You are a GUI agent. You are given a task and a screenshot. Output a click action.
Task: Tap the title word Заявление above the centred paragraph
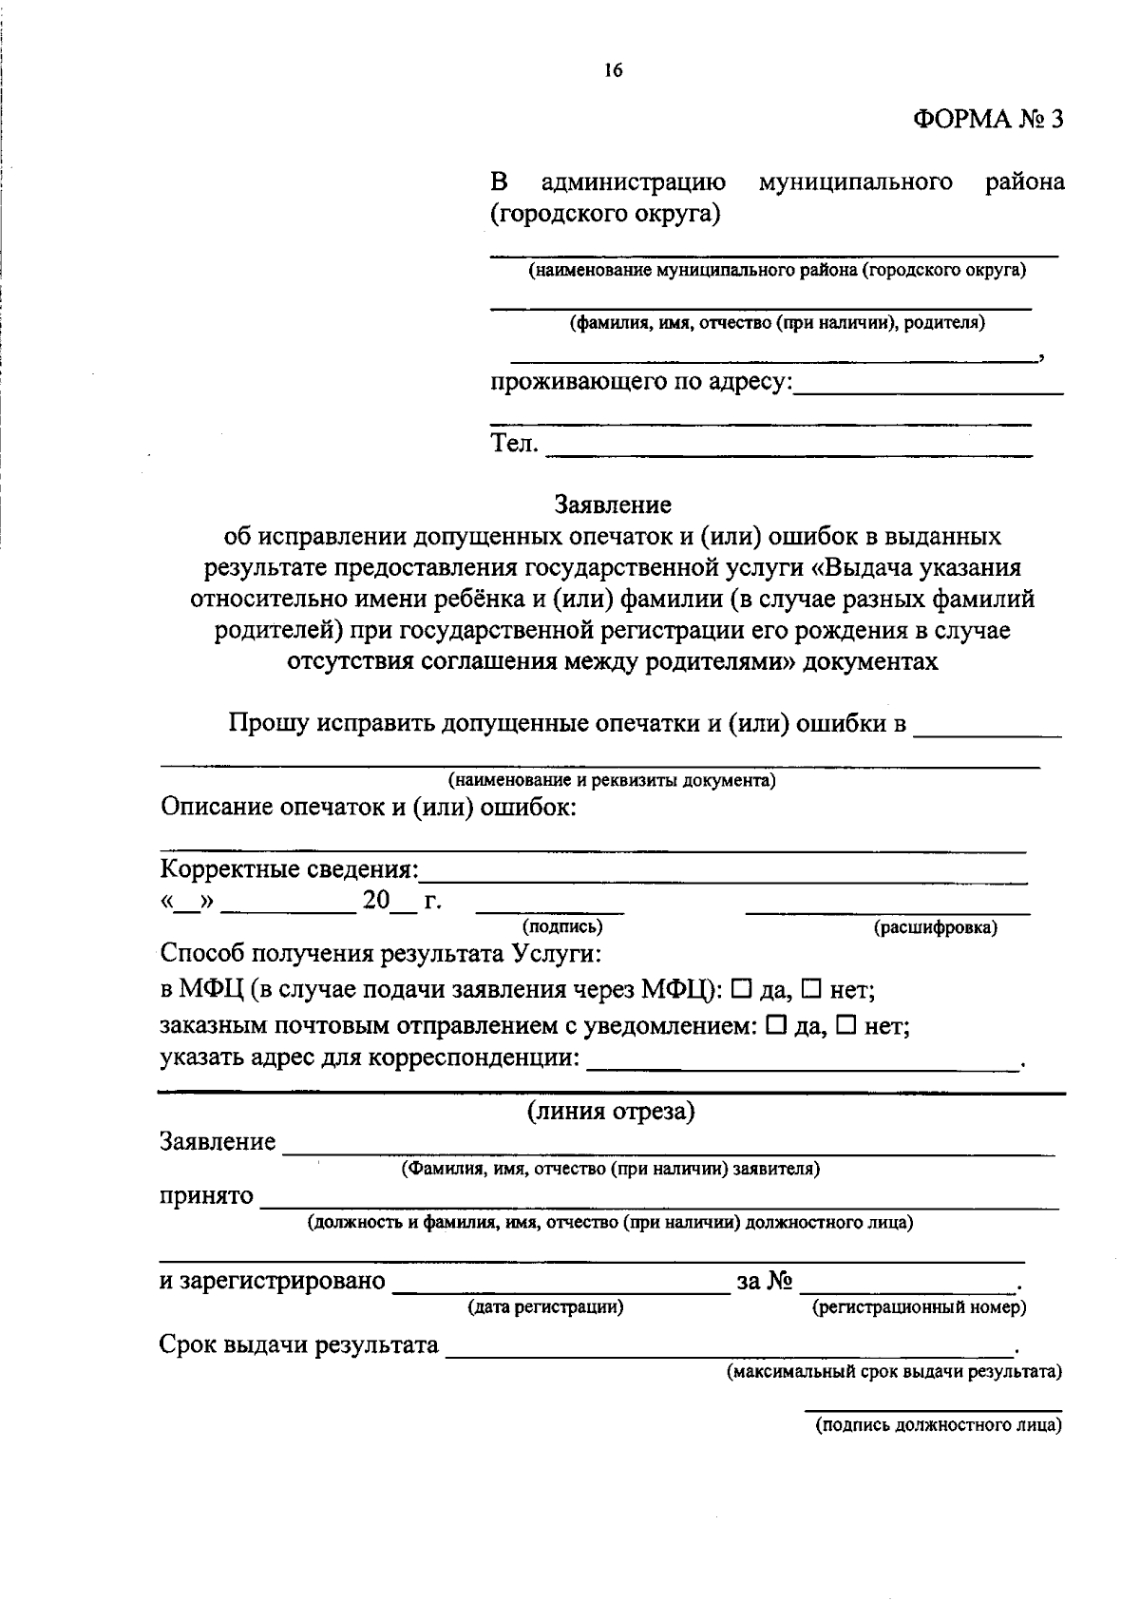click(613, 505)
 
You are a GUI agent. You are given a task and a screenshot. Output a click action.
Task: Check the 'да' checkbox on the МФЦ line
click(743, 989)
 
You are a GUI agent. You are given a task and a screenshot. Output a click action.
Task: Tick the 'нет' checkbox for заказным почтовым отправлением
click(847, 1025)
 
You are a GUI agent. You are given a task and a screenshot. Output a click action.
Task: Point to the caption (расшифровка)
click(935, 928)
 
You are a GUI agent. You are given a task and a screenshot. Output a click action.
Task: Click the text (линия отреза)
click(612, 1112)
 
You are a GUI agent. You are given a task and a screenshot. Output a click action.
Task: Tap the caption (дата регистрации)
click(545, 1307)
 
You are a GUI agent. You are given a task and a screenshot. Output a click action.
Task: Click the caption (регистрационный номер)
click(919, 1308)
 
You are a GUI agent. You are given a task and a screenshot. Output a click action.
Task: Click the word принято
click(206, 1195)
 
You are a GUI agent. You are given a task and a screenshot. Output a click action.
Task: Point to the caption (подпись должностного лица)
click(938, 1426)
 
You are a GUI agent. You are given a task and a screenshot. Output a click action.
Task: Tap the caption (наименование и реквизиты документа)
click(612, 781)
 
